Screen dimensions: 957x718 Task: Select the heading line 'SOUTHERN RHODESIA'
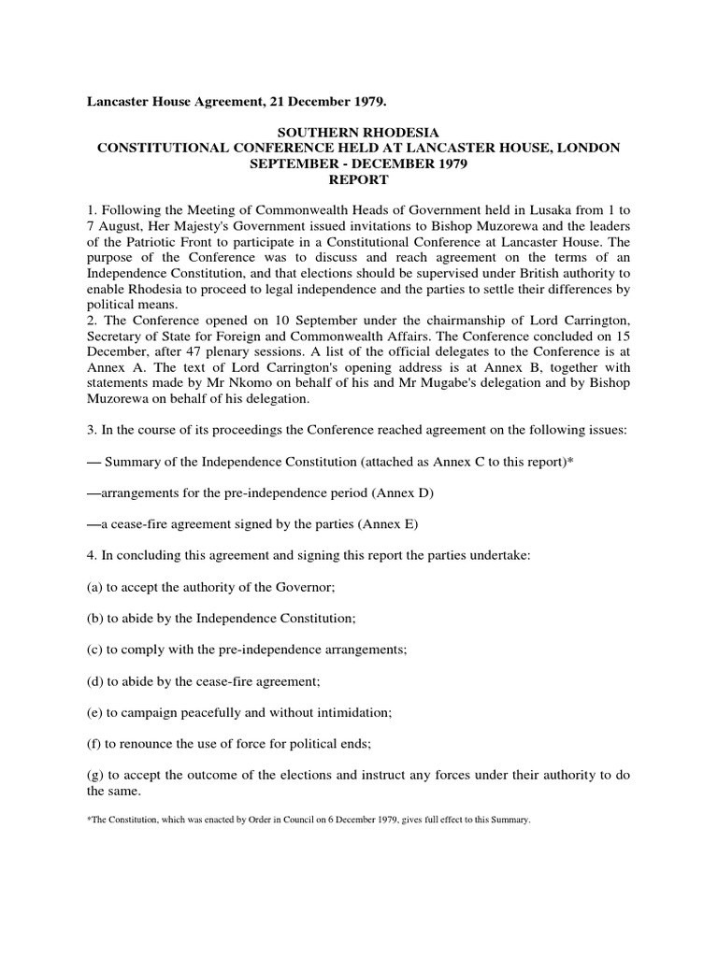pyautogui.click(x=359, y=134)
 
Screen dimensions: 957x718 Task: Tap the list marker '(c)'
pyautogui.click(x=95, y=647)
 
